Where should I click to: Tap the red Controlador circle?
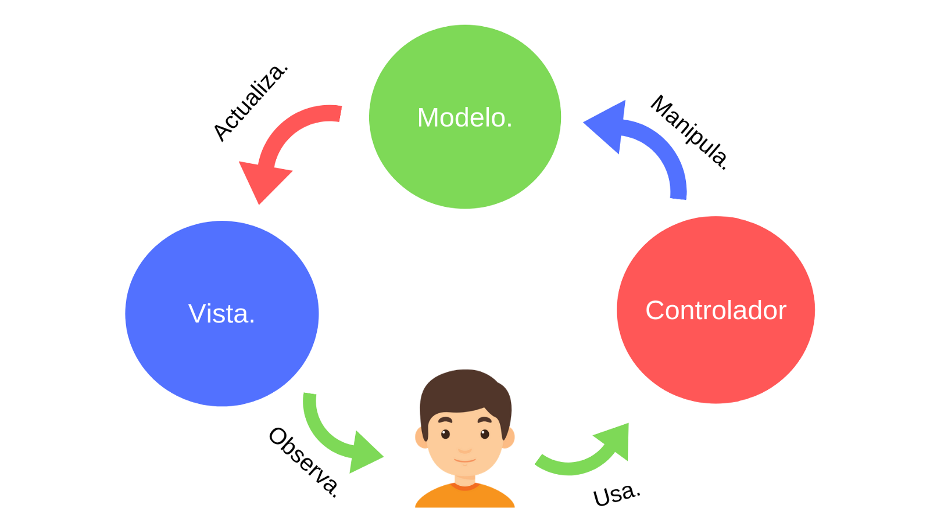[x=716, y=360]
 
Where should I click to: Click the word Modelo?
[x=464, y=118]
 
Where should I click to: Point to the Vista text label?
[x=221, y=314]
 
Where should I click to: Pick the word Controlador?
[x=716, y=310]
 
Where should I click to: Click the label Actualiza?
[x=250, y=102]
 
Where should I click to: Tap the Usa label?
[x=616, y=495]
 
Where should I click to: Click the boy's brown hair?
[x=465, y=389]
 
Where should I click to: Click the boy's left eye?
[x=446, y=434]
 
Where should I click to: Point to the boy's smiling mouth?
[x=465, y=461]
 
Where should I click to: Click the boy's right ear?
[x=509, y=438]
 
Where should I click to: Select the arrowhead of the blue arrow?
[x=607, y=125]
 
